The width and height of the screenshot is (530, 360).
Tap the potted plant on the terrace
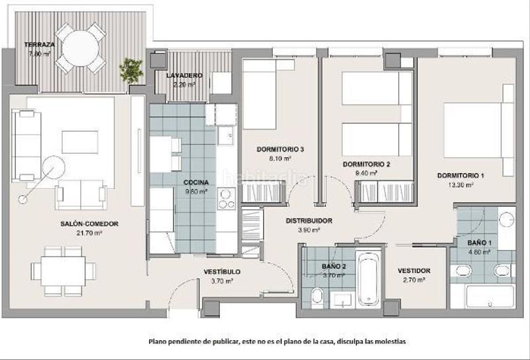point(131,68)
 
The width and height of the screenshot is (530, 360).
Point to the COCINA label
point(196,182)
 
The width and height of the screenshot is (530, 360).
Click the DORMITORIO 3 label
point(280,149)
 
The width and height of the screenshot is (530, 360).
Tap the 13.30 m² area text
point(460,185)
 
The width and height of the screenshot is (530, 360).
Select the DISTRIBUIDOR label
point(309,221)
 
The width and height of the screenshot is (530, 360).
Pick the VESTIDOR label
point(414,270)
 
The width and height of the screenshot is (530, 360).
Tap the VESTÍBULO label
point(221,272)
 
